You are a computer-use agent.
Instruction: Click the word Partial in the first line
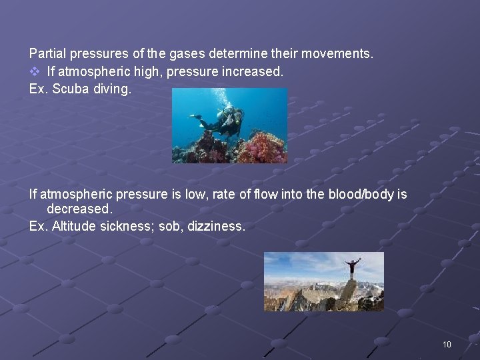(45, 52)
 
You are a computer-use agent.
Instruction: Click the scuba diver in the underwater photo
(223, 120)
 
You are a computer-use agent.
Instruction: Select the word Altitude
(74, 226)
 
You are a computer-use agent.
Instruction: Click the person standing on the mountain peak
(351, 268)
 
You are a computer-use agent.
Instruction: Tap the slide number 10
(446, 344)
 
